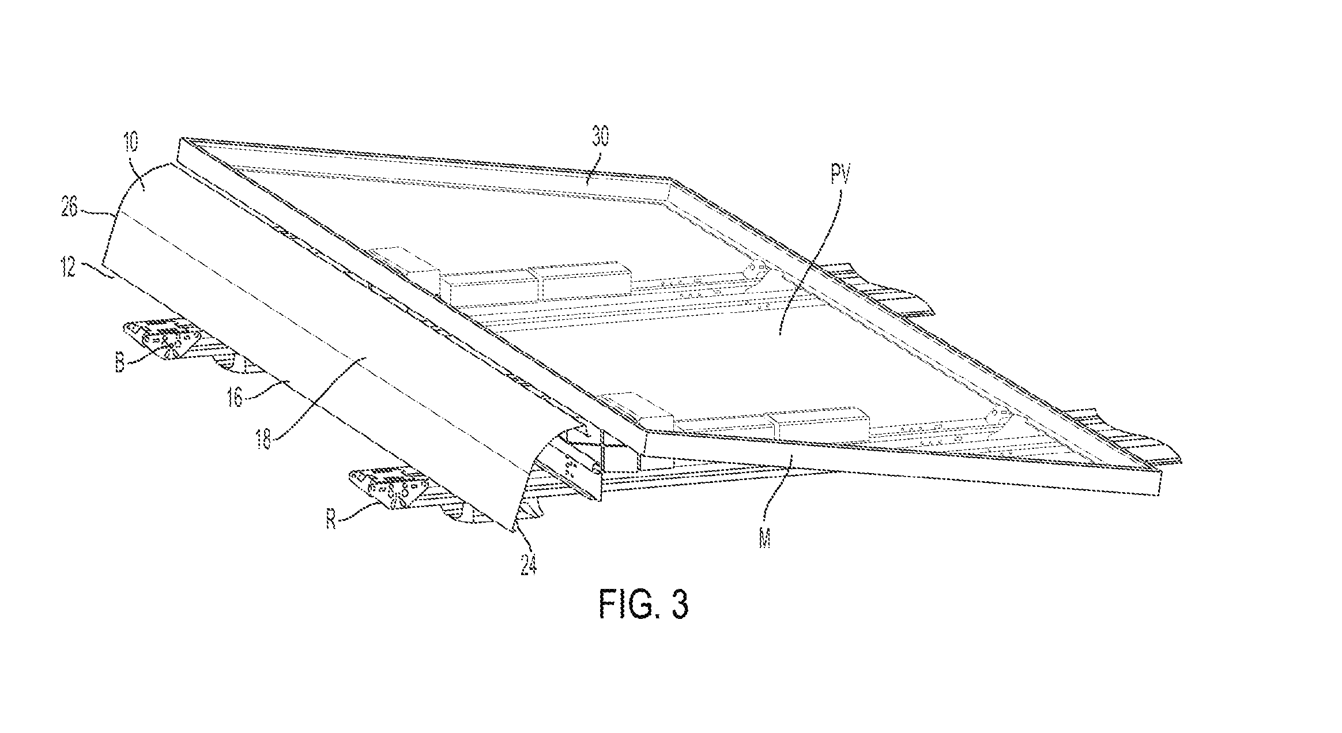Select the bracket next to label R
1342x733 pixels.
coord(395,489)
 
